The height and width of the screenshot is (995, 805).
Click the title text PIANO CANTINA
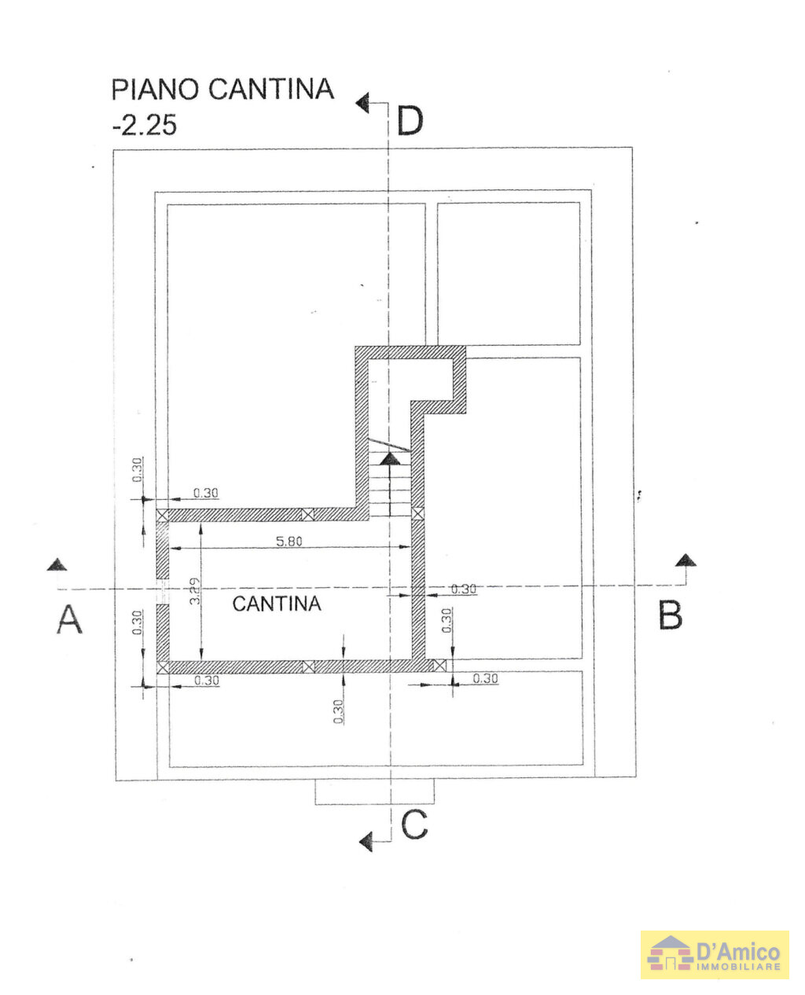222,90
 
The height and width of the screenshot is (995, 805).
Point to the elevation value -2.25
144,126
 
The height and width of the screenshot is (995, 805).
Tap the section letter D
410,122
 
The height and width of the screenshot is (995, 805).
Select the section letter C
414,826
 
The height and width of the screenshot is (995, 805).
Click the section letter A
69,619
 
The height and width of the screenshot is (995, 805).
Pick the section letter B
670,615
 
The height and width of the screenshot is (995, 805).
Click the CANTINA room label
277,604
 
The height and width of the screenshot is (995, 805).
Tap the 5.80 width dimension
290,541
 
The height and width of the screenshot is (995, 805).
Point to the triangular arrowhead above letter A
56,564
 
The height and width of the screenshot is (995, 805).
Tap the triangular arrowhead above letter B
686,560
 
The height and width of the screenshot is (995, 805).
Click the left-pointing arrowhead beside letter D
362,102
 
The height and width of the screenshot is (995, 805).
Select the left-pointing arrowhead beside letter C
366,843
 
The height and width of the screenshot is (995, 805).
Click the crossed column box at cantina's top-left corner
163,515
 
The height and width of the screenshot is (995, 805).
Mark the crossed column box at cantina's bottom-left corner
163,667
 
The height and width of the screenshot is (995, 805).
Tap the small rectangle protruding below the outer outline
374,791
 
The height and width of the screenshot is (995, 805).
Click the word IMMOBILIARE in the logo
738,966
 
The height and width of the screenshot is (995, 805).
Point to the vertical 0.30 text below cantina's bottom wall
339,711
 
